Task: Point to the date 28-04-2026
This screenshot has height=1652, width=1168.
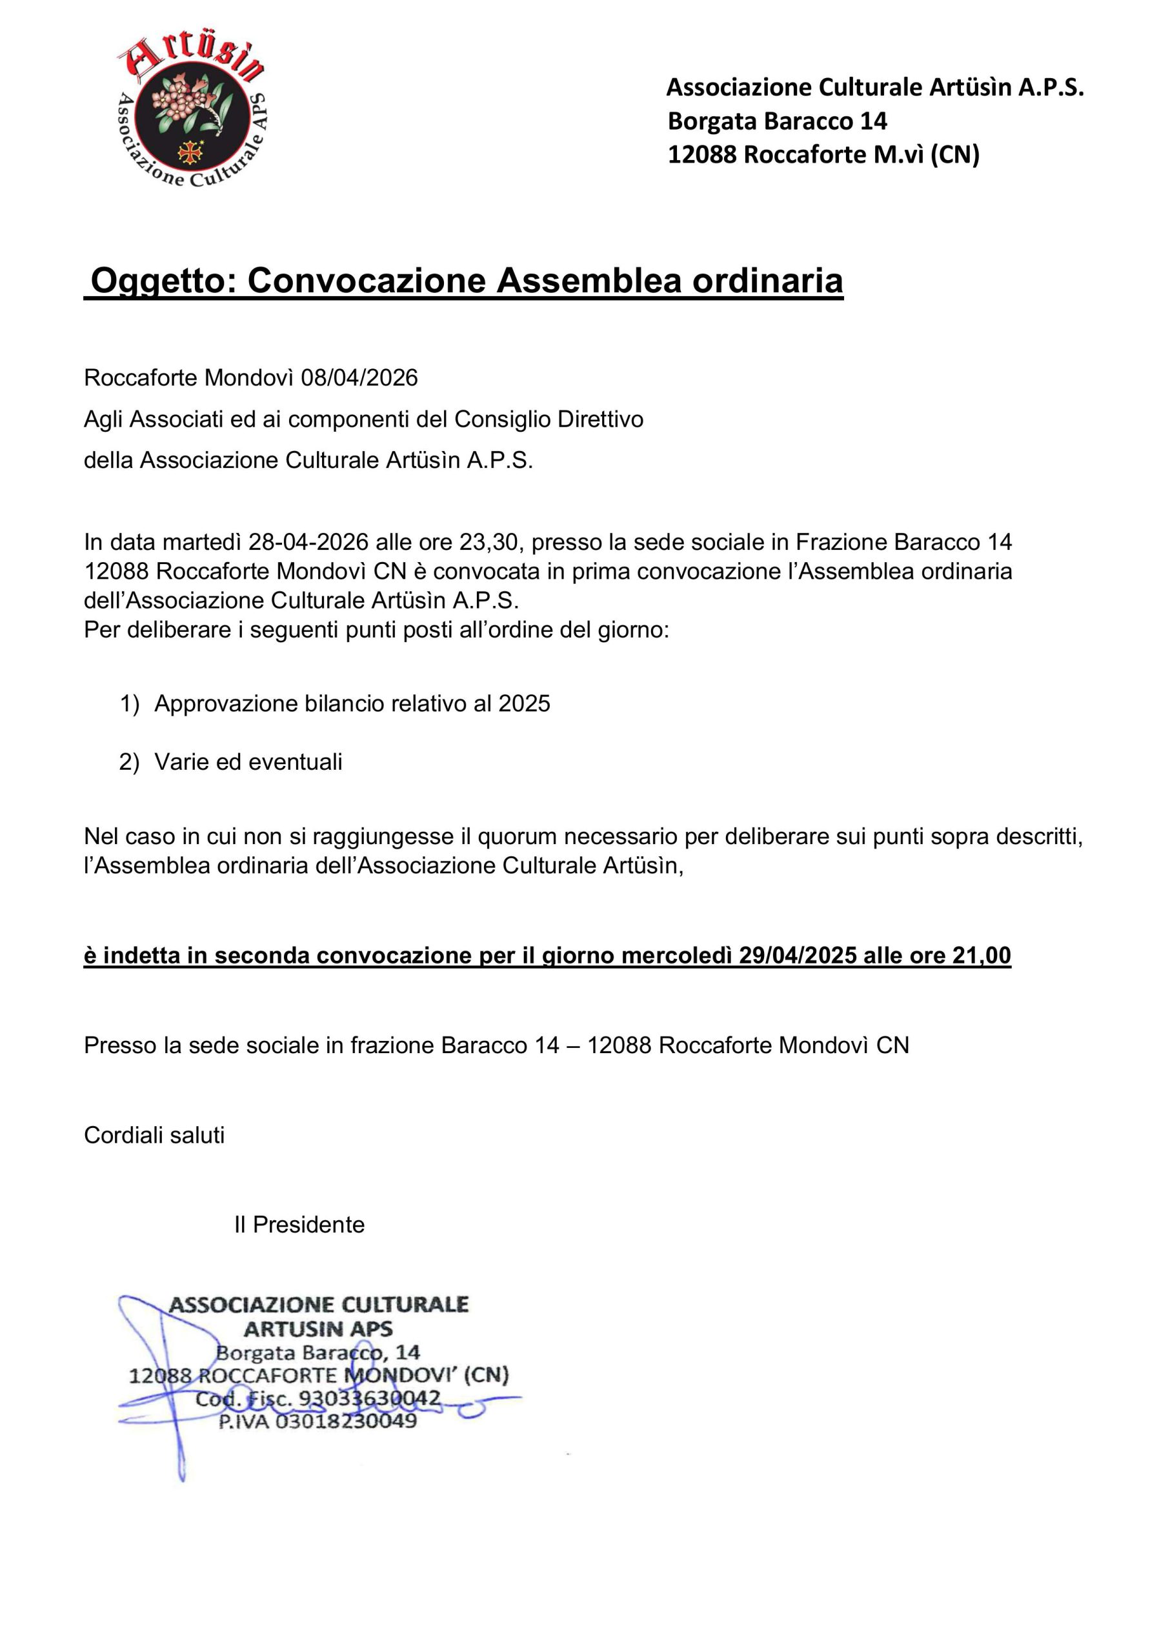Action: click(x=308, y=542)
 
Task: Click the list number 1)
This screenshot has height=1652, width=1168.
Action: click(x=130, y=703)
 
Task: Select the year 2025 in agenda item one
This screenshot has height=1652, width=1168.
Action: click(x=524, y=703)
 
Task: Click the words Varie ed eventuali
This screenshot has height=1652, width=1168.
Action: click(x=248, y=762)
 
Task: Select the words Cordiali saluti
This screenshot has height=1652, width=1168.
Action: click(x=154, y=1134)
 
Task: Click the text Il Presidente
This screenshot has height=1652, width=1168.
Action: click(x=299, y=1224)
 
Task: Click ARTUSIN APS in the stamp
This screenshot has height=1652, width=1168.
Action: click(x=318, y=1328)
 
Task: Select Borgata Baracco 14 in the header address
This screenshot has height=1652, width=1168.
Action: click(x=777, y=121)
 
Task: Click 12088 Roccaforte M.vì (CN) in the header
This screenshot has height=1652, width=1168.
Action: click(x=823, y=155)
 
